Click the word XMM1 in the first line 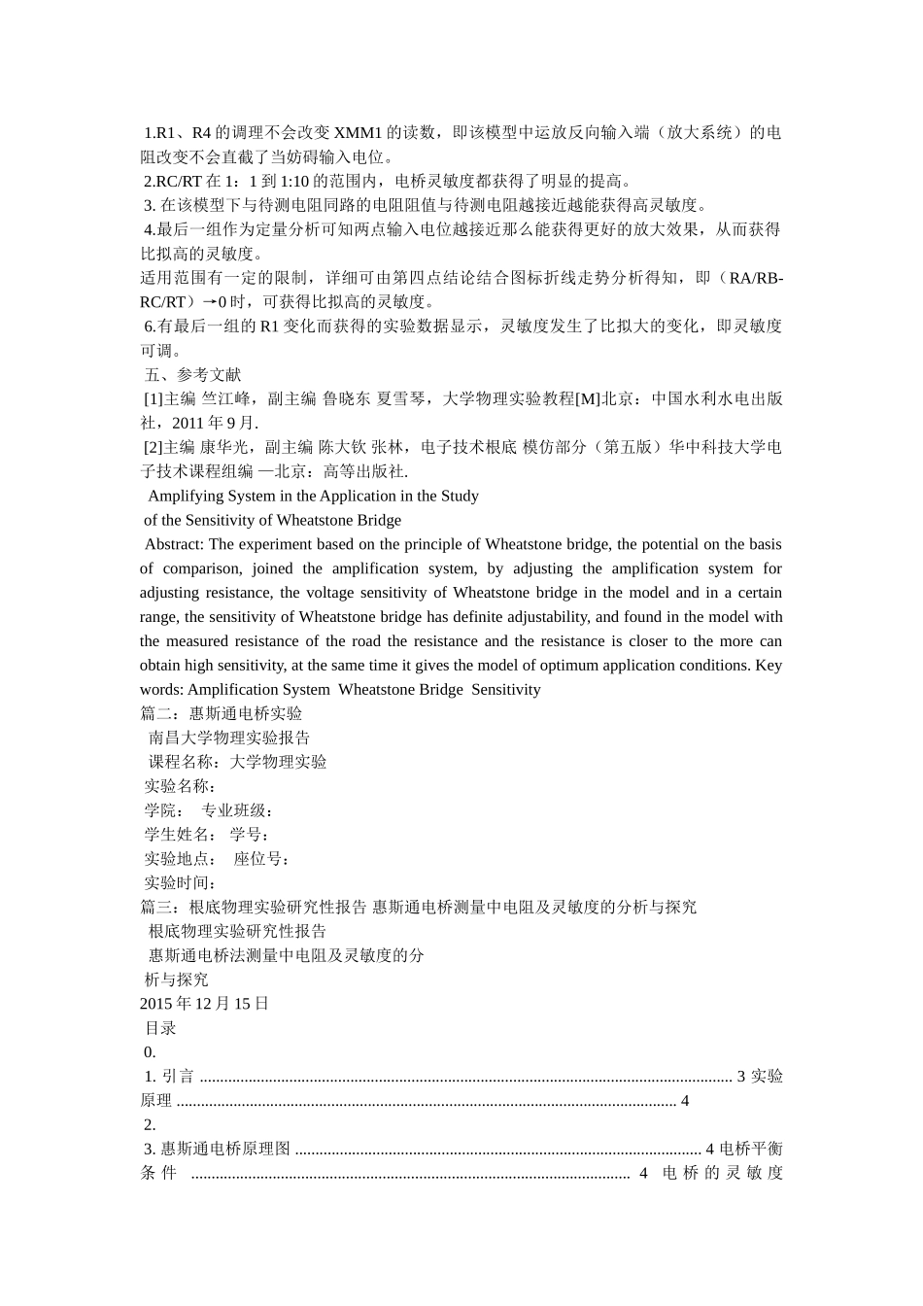point(359,133)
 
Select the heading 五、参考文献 point(192,375)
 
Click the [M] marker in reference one point(587,399)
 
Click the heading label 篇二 point(156,714)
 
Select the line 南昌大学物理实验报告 point(229,739)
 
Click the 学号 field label point(250,835)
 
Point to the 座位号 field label point(260,859)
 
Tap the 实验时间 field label point(180,883)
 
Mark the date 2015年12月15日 point(204,1004)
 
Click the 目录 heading point(160,1028)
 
